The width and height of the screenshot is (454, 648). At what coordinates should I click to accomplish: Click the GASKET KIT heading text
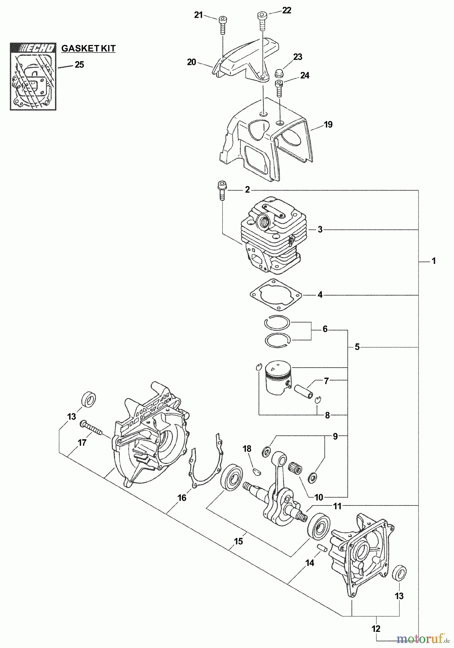coord(88,48)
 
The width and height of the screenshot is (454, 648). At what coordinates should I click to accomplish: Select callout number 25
coord(79,65)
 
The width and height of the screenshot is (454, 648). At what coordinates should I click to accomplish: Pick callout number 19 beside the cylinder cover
coord(328,125)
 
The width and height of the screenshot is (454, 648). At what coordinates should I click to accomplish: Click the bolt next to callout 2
coord(221,191)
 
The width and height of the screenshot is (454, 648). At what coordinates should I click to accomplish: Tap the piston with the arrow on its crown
coord(277,378)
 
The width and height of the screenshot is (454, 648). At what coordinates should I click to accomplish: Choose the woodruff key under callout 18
coord(257,469)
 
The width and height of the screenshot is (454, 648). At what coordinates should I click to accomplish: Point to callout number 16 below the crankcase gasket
coord(182,498)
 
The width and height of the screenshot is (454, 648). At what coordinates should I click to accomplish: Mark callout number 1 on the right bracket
coord(434,261)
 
